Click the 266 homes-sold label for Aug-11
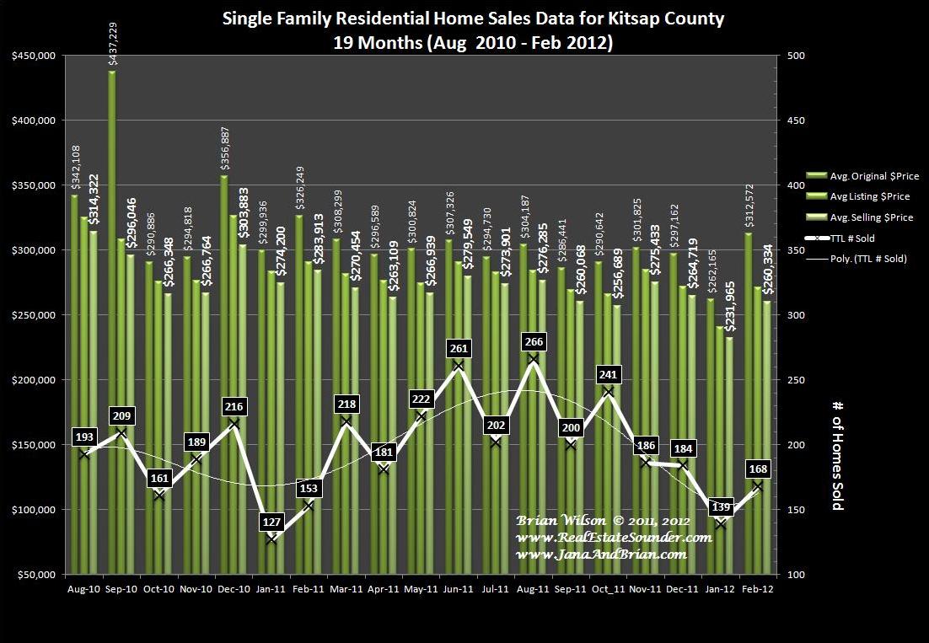pos(534,341)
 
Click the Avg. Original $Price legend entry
pos(873,176)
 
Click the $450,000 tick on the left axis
pos(33,56)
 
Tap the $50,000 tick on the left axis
pos(35,575)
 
